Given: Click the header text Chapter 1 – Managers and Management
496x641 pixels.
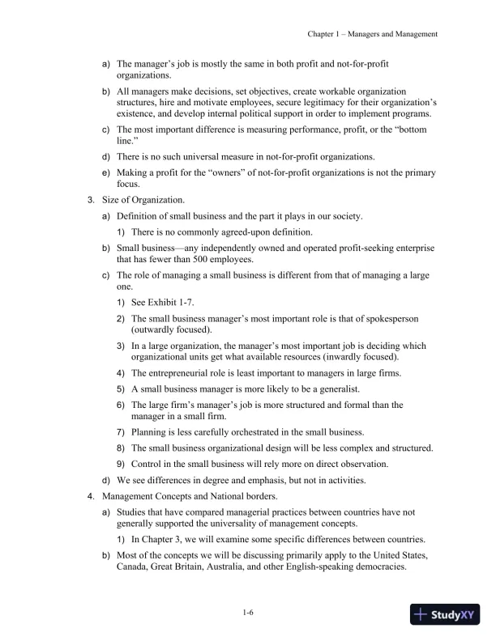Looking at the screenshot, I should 373,35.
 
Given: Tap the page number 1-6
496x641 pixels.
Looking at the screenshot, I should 248,613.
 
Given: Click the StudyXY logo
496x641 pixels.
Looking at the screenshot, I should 445,615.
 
